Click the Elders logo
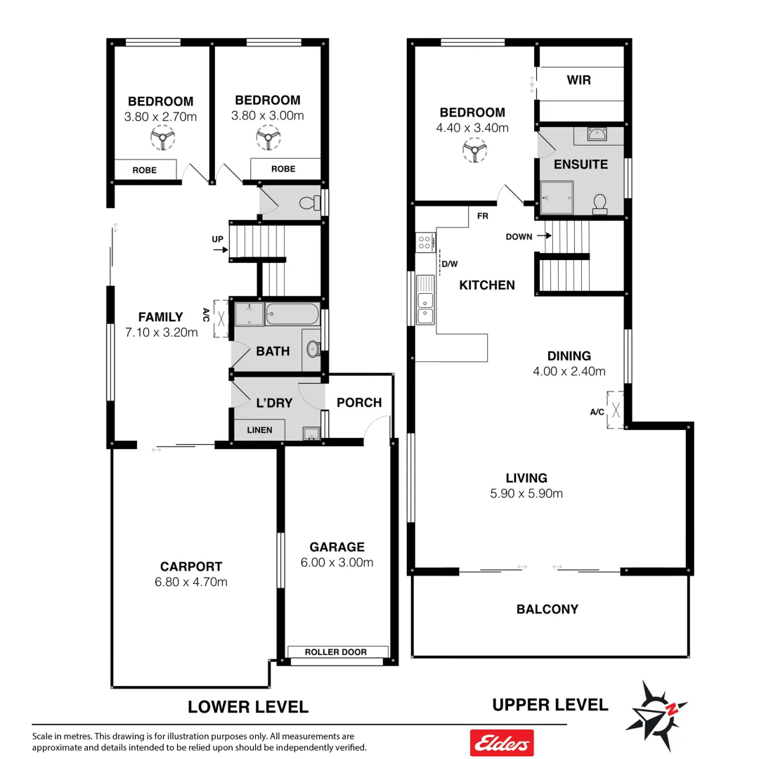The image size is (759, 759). point(501,742)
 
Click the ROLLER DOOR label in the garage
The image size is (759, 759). point(336,652)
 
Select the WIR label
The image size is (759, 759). point(579,80)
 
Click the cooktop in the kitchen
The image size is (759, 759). point(425,243)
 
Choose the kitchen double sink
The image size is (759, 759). point(424,308)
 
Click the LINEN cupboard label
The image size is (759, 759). point(259,430)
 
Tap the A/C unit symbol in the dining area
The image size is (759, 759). point(616,409)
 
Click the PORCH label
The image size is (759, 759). point(359,403)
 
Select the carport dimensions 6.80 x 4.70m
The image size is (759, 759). point(190,582)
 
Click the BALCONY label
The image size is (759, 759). point(547,609)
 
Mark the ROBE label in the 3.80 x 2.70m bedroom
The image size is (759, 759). point(144,170)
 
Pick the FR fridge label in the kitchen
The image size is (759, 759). point(482,216)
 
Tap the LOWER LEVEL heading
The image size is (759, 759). point(247,706)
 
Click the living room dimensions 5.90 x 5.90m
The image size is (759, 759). point(526,493)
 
